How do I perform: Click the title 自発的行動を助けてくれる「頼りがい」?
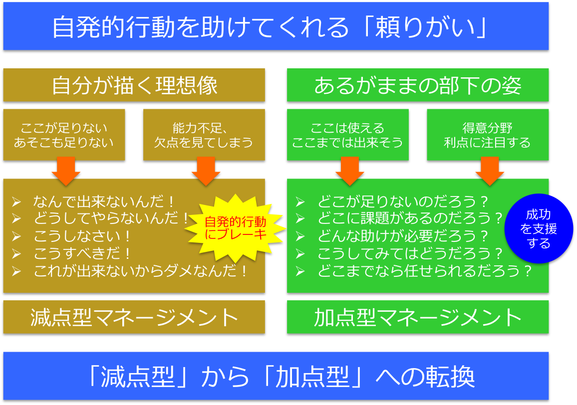(270, 27)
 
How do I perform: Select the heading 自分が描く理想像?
(135, 85)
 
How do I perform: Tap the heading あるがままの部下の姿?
(418, 85)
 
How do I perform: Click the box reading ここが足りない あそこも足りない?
(64, 135)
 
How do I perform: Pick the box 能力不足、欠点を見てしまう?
(204, 135)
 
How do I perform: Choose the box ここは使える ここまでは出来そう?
(348, 135)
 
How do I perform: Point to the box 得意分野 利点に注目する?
(488, 135)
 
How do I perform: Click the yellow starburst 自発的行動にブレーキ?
(235, 228)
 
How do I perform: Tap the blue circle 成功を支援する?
(539, 228)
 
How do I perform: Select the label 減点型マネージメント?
(134, 317)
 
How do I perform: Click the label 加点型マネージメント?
(418, 317)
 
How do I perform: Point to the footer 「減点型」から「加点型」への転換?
(282, 376)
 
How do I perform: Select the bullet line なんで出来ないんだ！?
(103, 202)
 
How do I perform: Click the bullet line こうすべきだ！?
(82, 253)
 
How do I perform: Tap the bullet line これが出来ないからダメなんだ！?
(140, 271)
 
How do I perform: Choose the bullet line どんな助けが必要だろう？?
(403, 236)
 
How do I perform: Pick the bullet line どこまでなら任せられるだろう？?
(425, 271)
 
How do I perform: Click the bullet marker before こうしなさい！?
(16, 236)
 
